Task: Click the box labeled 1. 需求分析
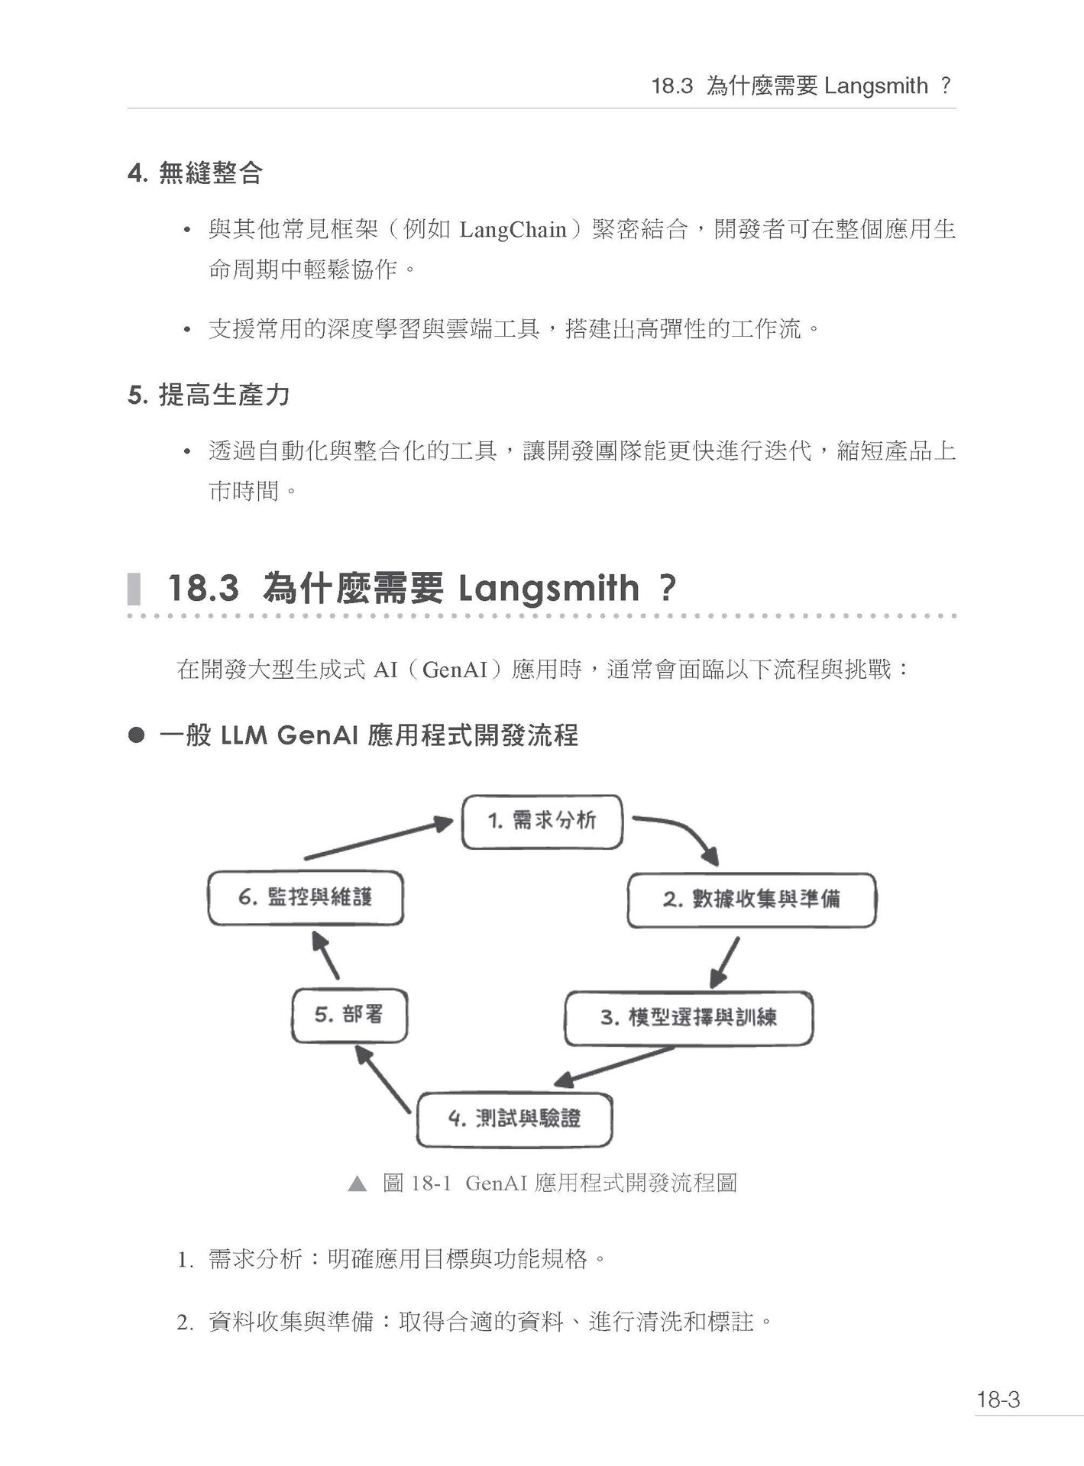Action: point(542,822)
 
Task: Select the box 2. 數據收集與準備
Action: point(752,900)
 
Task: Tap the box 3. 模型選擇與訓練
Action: point(688,1019)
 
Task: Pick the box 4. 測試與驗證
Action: point(514,1120)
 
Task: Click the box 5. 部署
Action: point(349,1016)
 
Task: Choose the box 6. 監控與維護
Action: point(306,898)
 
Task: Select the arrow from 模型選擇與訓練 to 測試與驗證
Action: point(614,1067)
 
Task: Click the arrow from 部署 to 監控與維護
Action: point(325,955)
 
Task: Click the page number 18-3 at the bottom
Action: point(998,1400)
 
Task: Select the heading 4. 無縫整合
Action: point(195,173)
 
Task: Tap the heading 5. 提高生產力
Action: point(209,395)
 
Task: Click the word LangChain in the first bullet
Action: point(513,230)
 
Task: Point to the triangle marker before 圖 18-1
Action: point(357,1184)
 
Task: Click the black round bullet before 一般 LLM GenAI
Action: point(137,735)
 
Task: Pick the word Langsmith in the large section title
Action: point(548,589)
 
